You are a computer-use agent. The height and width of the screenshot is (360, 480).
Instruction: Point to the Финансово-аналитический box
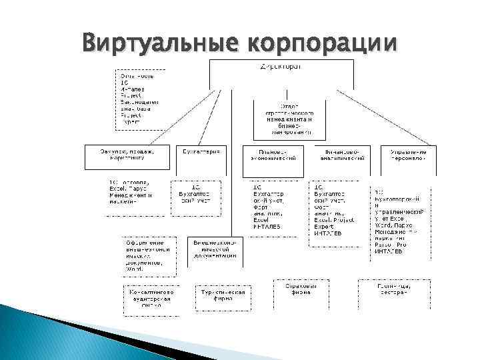coord(340,155)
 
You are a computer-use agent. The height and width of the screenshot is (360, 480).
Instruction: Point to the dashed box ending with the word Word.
coord(148,256)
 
